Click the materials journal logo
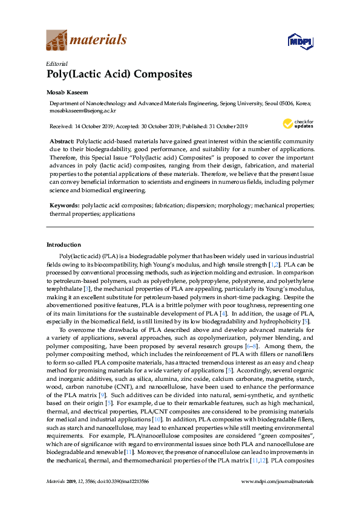click(x=87, y=41)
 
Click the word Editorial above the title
click(x=57, y=63)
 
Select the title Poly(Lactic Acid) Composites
click(x=119, y=74)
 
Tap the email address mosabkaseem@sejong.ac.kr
click(x=83, y=111)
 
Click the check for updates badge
click(x=298, y=124)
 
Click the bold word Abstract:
click(x=61, y=140)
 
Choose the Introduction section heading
click(x=64, y=245)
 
